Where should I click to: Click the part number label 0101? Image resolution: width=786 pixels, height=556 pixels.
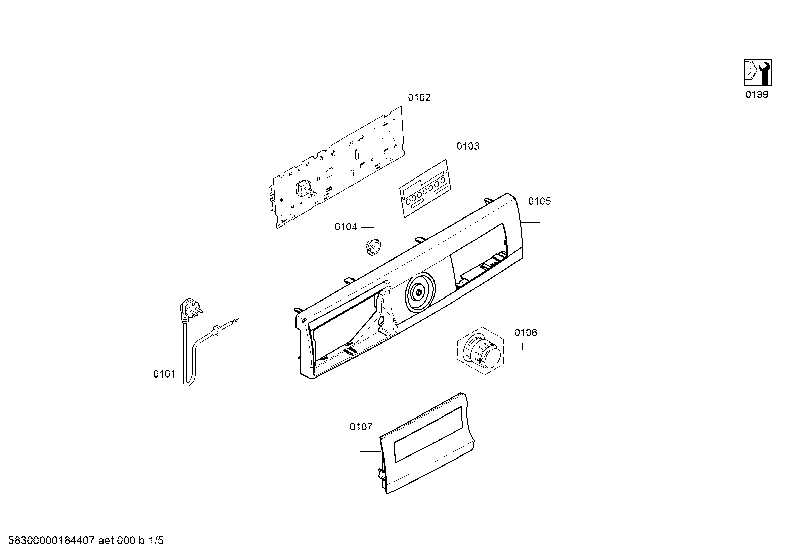click(164, 374)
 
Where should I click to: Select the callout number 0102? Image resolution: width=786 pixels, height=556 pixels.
click(419, 98)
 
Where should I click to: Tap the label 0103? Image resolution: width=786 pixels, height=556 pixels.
click(468, 146)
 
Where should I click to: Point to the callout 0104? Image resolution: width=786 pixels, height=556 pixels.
click(346, 227)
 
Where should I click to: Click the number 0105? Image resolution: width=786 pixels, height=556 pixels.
click(540, 201)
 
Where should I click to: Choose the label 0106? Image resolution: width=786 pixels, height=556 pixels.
click(526, 332)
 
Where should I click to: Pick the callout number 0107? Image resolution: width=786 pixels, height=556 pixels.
click(361, 427)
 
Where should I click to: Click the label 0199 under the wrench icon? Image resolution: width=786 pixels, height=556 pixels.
click(757, 95)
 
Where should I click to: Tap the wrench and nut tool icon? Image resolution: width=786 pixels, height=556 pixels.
click(757, 73)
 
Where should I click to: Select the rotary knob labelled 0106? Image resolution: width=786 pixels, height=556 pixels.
click(481, 351)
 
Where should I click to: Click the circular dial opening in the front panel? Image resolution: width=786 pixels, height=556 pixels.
click(420, 292)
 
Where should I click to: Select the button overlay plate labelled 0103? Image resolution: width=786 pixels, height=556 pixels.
click(425, 188)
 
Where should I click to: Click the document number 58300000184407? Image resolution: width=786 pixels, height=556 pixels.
click(51, 541)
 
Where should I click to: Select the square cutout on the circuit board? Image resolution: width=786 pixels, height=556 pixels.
click(330, 172)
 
